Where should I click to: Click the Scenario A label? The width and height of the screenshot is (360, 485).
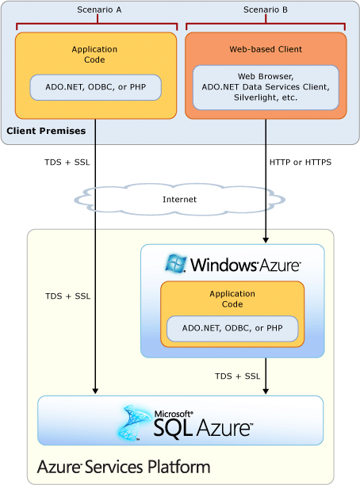point(99,10)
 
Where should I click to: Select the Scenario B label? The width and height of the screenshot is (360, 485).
point(266,10)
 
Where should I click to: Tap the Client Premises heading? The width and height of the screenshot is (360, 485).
point(46,131)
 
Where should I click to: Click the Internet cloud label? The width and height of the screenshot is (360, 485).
point(179,200)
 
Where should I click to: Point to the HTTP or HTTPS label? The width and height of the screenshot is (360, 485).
point(301,162)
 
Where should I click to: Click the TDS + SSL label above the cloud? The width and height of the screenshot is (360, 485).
point(67,162)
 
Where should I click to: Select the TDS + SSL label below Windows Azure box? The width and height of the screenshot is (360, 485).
point(237,376)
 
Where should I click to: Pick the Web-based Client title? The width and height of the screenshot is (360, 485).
point(266,49)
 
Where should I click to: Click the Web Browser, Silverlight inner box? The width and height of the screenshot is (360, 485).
point(266,87)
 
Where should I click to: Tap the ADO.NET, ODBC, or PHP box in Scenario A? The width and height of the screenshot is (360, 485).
point(95,87)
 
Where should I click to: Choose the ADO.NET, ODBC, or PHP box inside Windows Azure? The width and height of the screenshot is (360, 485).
point(232,328)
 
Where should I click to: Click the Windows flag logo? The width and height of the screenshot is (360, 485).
point(176,264)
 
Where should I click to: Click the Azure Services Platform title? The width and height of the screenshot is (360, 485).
point(124,467)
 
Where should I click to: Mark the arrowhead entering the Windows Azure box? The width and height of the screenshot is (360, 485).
point(266,240)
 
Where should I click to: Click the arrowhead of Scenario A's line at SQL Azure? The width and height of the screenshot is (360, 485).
point(95,391)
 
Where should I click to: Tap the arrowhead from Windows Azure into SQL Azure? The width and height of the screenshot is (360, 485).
point(266,391)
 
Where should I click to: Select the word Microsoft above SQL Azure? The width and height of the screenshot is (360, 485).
point(174,414)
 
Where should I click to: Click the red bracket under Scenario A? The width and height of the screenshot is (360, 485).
point(97,24)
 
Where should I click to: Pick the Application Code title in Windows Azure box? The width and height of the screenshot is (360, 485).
point(232,299)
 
